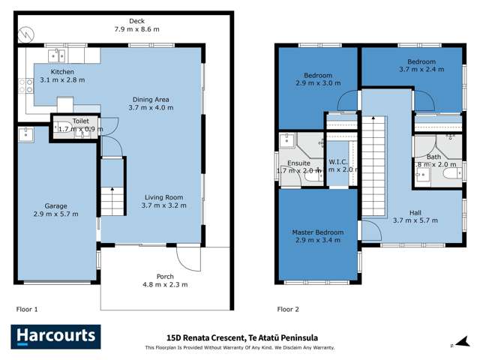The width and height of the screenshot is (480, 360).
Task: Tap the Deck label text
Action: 136,21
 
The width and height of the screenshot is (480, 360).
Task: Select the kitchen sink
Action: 57,54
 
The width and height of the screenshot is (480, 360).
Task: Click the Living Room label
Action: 163,198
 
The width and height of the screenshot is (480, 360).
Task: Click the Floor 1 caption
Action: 26,309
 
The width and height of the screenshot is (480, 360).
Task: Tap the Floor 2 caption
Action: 288,309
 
